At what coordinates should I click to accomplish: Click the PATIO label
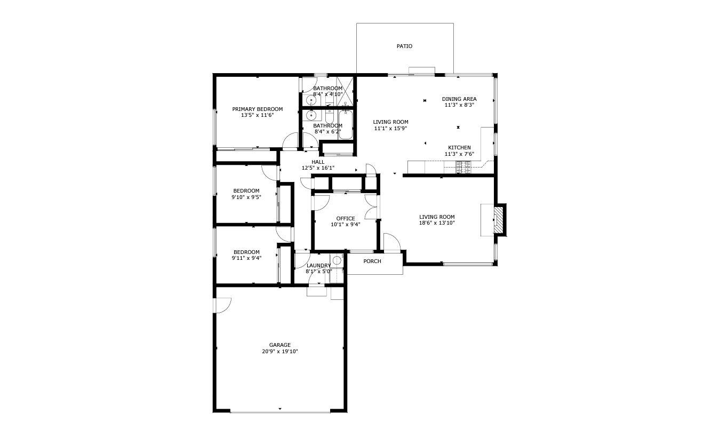404,46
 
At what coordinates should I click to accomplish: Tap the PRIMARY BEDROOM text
257,109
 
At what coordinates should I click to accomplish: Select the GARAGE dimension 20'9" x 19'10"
279,352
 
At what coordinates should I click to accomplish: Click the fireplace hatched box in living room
498,219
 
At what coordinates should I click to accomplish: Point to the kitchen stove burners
462,168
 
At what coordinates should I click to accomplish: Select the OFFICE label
346,218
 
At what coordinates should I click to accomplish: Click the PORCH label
372,261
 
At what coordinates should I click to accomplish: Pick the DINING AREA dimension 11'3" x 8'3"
459,105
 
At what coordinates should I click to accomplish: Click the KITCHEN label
459,148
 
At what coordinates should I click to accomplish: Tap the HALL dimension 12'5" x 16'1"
318,168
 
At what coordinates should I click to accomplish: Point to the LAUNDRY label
318,266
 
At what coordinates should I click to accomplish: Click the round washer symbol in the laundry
337,260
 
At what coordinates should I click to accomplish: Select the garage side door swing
223,305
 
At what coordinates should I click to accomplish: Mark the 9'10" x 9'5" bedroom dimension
246,197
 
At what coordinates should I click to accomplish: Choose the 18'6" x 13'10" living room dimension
436,223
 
